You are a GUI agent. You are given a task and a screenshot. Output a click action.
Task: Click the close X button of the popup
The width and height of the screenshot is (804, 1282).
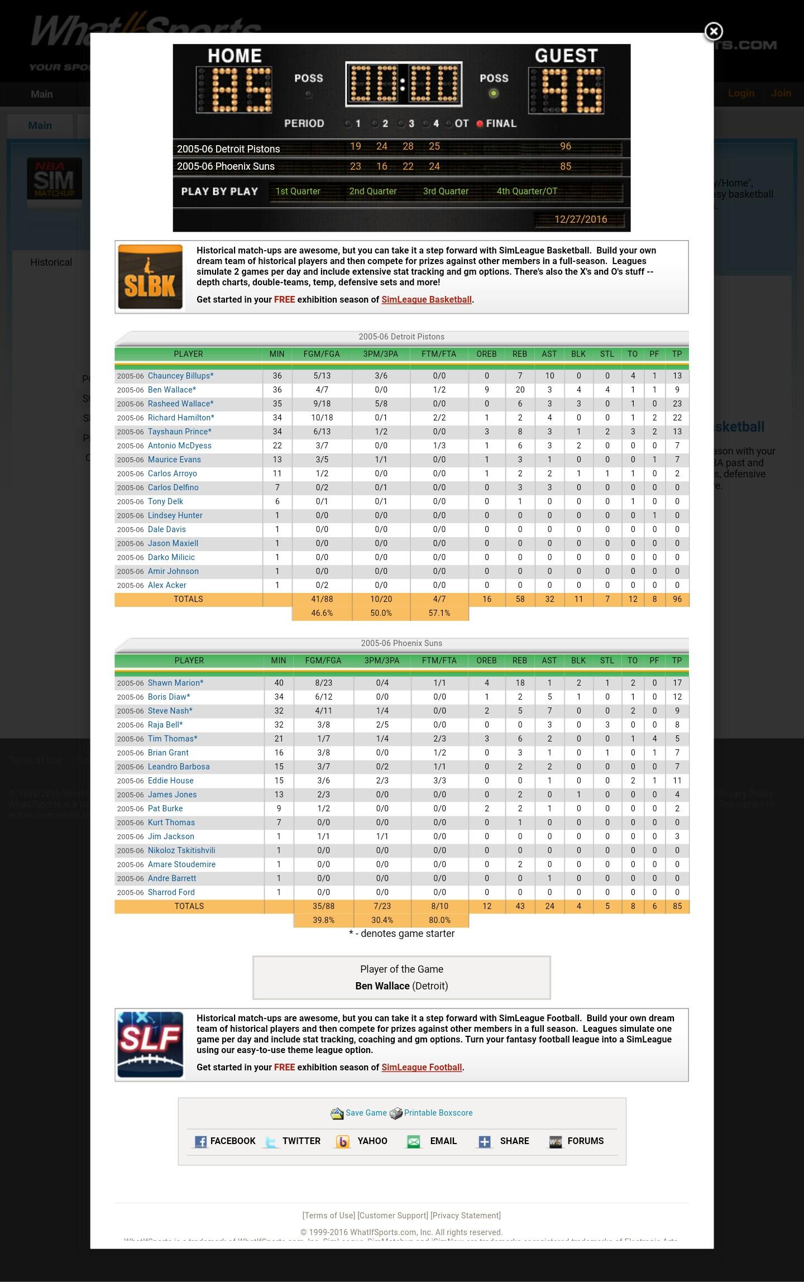click(713, 32)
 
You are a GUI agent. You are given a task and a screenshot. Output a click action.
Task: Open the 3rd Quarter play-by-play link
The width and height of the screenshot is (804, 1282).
click(446, 191)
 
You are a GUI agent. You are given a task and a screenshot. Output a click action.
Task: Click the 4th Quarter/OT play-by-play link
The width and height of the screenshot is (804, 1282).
click(527, 191)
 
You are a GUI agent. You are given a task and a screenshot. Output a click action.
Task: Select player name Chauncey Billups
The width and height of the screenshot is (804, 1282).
click(180, 376)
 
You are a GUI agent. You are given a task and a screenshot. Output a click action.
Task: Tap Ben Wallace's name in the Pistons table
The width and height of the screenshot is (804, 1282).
click(171, 390)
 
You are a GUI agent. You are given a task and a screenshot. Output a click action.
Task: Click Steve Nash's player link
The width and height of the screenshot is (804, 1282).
click(170, 711)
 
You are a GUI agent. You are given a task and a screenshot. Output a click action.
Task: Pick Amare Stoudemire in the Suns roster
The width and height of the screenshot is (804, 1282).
click(181, 864)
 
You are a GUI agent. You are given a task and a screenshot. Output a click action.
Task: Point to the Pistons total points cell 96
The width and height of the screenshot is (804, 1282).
click(677, 599)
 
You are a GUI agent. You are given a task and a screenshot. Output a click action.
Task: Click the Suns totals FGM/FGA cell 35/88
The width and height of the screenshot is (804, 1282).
click(323, 906)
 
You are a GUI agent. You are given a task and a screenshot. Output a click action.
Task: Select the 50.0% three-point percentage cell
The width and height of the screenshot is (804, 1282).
click(381, 613)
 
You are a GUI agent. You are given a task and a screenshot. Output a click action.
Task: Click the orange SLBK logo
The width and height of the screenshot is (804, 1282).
click(150, 277)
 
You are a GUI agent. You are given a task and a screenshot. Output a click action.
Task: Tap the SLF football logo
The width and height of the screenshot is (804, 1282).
click(150, 1045)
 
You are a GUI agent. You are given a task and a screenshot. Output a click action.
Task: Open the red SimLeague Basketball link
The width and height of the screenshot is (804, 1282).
click(427, 300)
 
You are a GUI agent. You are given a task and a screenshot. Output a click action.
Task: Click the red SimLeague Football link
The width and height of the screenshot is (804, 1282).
click(422, 1068)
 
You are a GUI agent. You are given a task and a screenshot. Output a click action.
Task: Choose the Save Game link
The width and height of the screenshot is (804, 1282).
click(366, 1113)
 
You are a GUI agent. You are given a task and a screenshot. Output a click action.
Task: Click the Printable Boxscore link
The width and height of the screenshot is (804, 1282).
click(438, 1113)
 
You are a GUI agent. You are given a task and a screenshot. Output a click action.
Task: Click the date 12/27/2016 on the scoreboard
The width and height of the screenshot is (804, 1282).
click(581, 219)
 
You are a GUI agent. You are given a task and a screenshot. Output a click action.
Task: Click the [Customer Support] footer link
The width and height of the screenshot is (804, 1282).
click(393, 1216)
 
